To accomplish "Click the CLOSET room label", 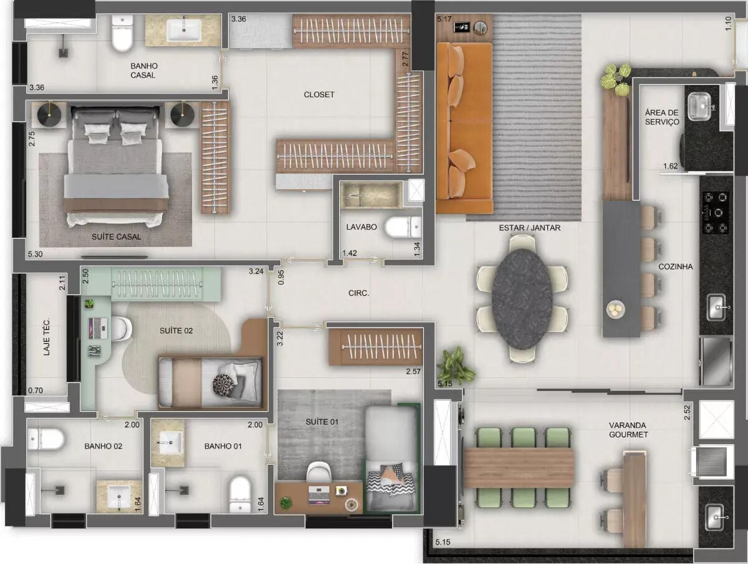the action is pos(319,94).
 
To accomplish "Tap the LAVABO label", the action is pos(362,227).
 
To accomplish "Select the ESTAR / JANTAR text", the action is pos(530,228).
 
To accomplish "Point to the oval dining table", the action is pos(522,299).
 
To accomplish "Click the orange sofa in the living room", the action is pos(464,129).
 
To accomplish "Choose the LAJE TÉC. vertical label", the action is pos(47,337).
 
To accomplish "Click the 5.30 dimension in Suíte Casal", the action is pos(36,254).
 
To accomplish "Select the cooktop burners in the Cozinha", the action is pos(716,213).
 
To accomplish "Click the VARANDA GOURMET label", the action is pos(628,430).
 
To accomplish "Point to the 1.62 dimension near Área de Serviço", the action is pos(670,166).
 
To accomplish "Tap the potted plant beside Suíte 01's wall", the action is pos(455,366).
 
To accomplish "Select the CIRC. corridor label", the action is pos(359,293).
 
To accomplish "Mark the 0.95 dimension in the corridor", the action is pos(280,277).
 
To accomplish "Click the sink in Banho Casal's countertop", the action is pos(185,30).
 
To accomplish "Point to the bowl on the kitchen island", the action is pos(616,309).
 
